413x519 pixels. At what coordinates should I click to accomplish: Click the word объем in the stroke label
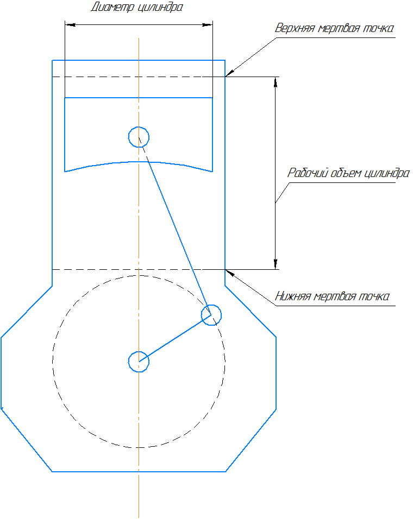coord(346,174)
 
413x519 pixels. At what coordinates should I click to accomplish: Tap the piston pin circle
coord(139,136)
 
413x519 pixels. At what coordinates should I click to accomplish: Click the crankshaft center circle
coord(139,361)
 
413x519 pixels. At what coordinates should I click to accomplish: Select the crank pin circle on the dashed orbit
coord(211,314)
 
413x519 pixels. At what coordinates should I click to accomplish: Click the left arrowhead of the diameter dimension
coord(69,24)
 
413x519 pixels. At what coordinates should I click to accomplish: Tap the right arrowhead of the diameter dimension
coord(208,24)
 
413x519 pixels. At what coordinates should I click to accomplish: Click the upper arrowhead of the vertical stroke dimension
coord(276,81)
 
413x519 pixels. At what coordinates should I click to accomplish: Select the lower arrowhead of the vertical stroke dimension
coord(276,264)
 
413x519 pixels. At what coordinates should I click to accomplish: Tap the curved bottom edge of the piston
coord(139,162)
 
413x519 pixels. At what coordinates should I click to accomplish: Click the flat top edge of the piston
coord(139,98)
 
